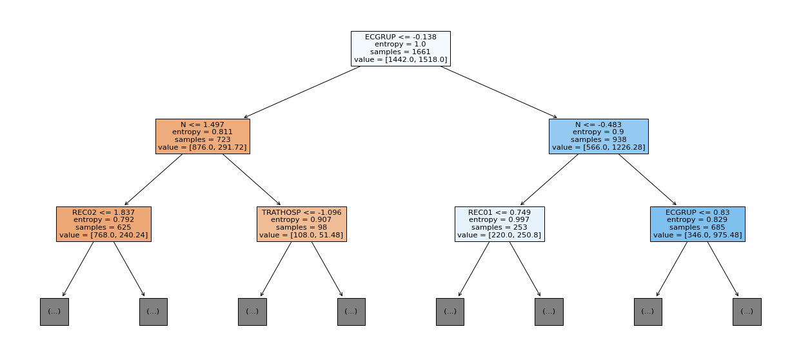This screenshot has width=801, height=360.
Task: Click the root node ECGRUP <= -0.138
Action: [x=400, y=48]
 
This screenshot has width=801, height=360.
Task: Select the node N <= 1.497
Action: [x=203, y=136]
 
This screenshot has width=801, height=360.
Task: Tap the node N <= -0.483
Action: [x=598, y=136]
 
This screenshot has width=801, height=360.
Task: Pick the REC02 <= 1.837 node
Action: [x=104, y=224]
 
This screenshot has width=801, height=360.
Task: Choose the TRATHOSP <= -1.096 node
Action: [x=302, y=224]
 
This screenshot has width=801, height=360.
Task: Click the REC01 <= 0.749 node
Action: [x=500, y=224]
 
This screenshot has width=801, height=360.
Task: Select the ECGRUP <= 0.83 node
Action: [x=698, y=224]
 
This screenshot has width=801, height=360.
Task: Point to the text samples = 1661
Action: [x=400, y=52]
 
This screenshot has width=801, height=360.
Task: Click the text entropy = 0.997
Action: [x=500, y=220]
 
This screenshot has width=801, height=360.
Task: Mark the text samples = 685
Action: [x=697, y=228]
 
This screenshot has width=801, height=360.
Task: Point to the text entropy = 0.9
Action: [x=598, y=132]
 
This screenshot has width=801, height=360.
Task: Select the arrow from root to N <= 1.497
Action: [x=302, y=92]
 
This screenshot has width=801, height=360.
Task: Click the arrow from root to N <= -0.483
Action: [x=499, y=92]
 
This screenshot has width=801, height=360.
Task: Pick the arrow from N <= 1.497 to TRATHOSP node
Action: [x=252, y=179]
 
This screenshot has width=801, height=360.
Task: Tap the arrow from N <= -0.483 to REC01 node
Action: [x=549, y=179]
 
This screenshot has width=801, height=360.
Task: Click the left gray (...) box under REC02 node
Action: [x=54, y=312]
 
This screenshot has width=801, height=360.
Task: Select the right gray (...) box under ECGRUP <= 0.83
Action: [x=747, y=312]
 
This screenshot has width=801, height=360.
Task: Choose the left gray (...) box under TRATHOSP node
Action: [x=252, y=312]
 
